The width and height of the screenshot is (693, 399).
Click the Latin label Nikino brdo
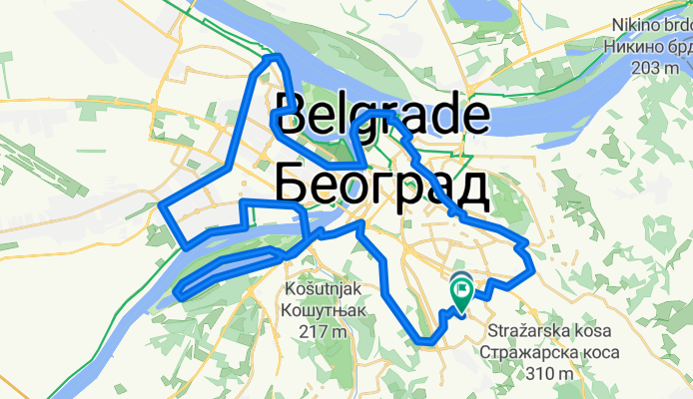[649, 27]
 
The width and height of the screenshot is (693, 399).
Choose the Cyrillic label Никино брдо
[649, 47]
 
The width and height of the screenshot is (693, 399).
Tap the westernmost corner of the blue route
[163, 207]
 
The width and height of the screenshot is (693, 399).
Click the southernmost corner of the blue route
[427, 342]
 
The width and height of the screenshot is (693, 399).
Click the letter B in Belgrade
[292, 117]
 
